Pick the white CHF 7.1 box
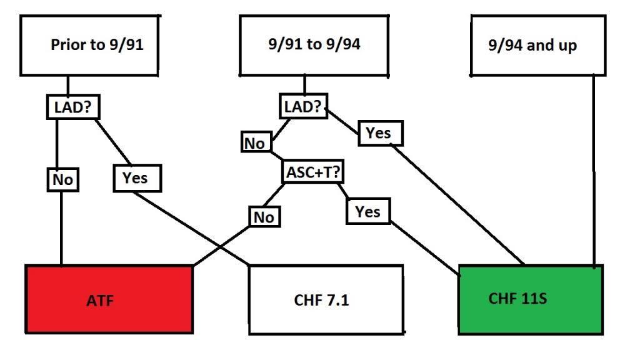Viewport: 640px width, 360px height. [x=325, y=300]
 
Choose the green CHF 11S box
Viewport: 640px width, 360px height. [x=531, y=298]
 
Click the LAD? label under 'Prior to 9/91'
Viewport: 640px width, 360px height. [x=74, y=107]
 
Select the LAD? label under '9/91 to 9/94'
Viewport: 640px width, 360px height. [x=303, y=107]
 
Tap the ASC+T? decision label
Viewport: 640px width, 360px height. [x=313, y=172]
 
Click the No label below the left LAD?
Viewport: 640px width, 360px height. [x=62, y=180]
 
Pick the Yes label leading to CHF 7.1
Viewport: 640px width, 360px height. [x=136, y=178]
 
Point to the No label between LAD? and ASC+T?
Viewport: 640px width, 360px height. [x=254, y=143]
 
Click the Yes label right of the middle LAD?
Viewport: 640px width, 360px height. [x=379, y=133]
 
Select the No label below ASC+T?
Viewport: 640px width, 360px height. [x=264, y=217]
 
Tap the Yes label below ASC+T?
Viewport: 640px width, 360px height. [x=368, y=212]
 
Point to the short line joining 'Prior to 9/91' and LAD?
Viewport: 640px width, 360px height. [x=68, y=86]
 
